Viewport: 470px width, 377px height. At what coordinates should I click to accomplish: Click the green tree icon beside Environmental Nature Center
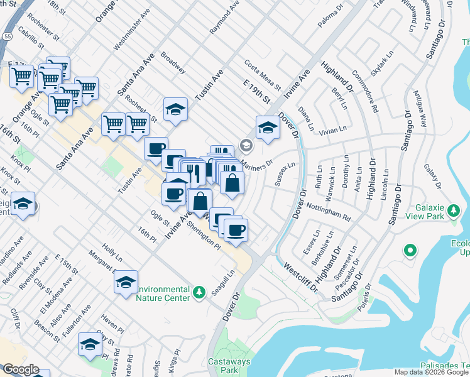(x=199, y=292)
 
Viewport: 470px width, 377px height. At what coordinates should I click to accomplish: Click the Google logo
(x=20, y=370)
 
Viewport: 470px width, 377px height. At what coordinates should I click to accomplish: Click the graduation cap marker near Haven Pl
(x=90, y=344)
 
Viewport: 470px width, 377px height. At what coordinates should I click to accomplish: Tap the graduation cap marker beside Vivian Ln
(x=268, y=128)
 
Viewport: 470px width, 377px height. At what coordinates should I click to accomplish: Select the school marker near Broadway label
(x=175, y=109)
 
